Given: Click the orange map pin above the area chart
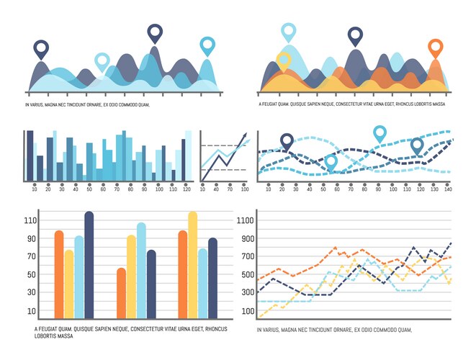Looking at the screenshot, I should point(435,49).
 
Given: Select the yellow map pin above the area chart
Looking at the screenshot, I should point(284,60).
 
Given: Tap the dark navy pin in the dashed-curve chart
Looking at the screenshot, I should point(287,142).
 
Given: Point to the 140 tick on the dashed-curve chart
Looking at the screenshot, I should point(447,189).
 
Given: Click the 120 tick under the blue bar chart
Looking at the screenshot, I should point(187,189).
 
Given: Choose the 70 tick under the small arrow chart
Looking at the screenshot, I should point(229,189).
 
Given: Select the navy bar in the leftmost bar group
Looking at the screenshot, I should point(89,264).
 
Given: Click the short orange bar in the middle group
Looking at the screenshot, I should point(121,292).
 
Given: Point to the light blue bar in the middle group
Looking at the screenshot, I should point(141,270).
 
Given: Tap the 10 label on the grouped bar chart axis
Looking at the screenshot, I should point(31,311).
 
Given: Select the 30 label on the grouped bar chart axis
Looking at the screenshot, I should point(31,293).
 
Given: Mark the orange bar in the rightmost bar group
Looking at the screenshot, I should point(182,274).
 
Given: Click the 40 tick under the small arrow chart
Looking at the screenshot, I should point(215,189).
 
